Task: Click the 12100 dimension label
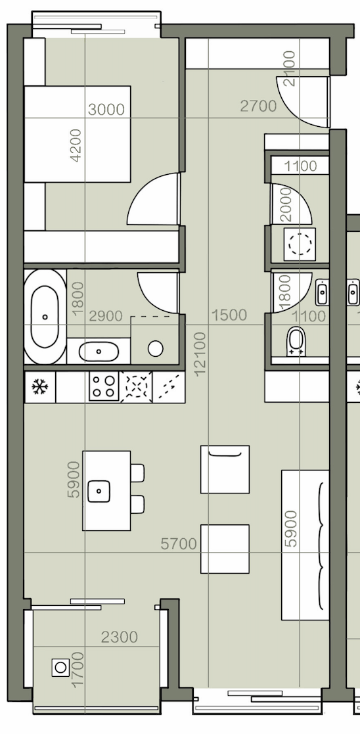200,354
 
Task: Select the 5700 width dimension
179,544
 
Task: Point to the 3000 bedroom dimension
106,110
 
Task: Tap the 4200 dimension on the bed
76,146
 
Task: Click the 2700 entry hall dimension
258,106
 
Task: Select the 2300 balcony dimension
120,637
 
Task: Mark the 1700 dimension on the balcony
78,670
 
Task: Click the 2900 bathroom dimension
106,316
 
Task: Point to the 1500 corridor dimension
229,315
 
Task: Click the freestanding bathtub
45,317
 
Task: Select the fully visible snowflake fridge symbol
40,387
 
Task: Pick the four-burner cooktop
104,386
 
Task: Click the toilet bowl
296,341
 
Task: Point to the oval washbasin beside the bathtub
99,351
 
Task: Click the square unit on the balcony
60,667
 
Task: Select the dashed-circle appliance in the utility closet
300,244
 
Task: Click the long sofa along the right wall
305,545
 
